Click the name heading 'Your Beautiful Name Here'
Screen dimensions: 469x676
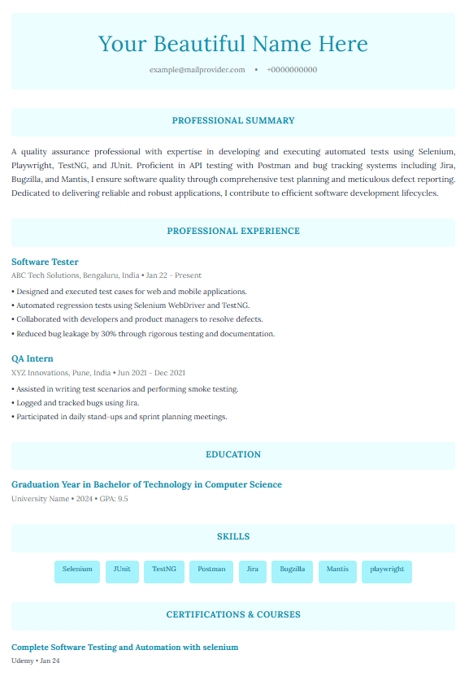(232, 44)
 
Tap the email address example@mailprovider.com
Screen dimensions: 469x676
(197, 70)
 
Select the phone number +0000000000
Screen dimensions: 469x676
(292, 70)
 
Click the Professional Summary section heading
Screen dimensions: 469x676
(233, 121)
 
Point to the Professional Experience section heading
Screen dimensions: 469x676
(233, 232)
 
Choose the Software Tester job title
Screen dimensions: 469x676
(45, 262)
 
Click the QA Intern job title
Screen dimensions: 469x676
(33, 358)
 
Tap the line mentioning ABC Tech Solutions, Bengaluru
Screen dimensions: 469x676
(106, 275)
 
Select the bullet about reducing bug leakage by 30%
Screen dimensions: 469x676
(144, 334)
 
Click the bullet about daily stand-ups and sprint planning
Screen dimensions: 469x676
(119, 417)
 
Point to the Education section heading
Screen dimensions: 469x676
(233, 455)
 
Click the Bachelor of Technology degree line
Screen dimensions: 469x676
(146, 485)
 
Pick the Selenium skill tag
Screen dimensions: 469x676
(77, 570)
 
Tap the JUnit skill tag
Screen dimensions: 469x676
(122, 570)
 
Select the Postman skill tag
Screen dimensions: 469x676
(211, 570)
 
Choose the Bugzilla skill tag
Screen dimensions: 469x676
(292, 570)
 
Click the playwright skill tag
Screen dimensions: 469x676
(387, 570)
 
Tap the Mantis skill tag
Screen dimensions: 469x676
(337, 570)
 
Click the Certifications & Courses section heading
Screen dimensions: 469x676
(233, 615)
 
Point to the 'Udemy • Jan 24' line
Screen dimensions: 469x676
(36, 661)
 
